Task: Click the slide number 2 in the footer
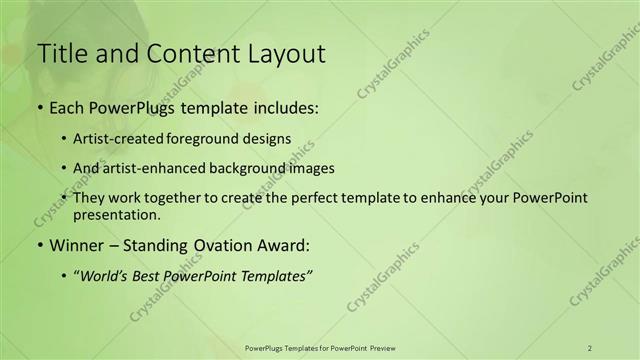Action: [590, 347]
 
